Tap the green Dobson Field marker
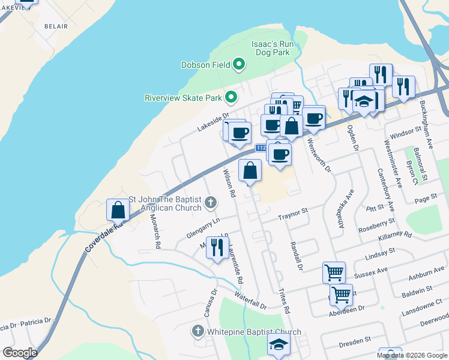[239, 64]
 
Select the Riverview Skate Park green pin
[231, 97]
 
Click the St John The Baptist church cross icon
[210, 202]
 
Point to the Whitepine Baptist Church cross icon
[198, 331]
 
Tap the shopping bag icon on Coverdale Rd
[118, 210]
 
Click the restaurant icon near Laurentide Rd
[217, 247]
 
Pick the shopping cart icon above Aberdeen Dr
[341, 295]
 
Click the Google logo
[19, 352]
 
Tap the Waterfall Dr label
[250, 300]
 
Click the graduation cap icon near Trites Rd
[278, 346]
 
